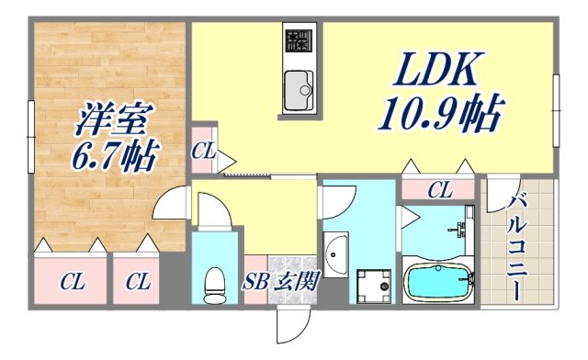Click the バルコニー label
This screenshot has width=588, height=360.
(x=516, y=247)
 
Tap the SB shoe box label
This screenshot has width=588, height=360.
(x=256, y=283)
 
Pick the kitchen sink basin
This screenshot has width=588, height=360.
(x=298, y=88)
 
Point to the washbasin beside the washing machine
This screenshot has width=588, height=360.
(x=335, y=250)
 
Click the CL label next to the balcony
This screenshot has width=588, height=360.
(x=439, y=191)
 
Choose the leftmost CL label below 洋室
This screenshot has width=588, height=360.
(x=70, y=282)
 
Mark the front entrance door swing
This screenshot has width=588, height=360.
(x=292, y=326)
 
